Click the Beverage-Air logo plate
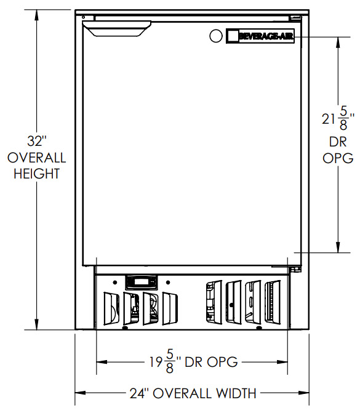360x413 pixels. click(260, 36)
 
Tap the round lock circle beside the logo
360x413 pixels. click(215, 36)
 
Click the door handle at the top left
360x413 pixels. click(117, 28)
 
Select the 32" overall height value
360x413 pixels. click(37, 141)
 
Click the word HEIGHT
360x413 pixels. click(36, 174)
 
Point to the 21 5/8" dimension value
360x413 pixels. click(338, 119)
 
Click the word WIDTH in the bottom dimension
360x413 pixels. click(236, 393)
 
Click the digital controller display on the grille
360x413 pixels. click(142, 282)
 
